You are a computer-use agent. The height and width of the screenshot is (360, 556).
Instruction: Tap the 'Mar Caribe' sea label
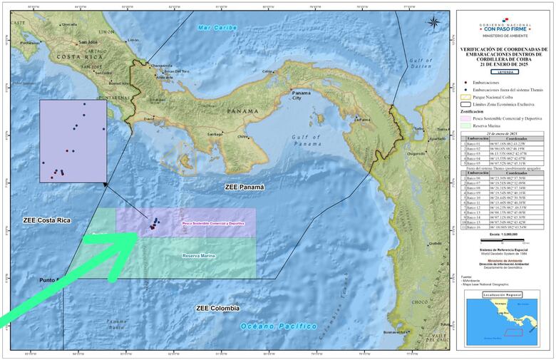[x=217, y=28]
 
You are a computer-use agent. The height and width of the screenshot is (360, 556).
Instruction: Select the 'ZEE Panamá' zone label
[x=244, y=187]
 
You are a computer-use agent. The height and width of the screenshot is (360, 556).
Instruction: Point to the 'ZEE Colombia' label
[x=217, y=308]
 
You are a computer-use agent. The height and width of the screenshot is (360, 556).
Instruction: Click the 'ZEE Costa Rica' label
[x=46, y=220]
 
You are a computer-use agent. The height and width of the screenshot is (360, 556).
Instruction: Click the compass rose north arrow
[x=433, y=21]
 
